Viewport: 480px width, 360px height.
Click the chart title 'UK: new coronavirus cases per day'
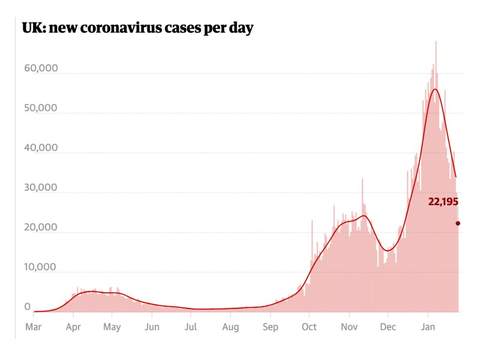137,28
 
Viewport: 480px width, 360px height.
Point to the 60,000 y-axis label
40,68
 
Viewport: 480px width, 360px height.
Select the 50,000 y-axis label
40,108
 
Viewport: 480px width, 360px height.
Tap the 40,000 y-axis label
40,148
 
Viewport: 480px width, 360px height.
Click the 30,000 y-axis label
40,187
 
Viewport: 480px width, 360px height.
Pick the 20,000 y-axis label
40,227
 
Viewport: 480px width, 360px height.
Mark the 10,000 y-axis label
40,267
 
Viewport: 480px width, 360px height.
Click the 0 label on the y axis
27,307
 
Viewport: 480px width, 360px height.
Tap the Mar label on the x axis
34,327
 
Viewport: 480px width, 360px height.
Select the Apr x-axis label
73,327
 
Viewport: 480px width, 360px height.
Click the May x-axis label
112,327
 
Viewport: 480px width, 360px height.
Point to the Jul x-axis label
191,327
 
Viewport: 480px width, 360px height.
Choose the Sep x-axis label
270,327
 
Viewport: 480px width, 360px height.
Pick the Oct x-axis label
309,327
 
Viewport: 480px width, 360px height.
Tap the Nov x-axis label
349,327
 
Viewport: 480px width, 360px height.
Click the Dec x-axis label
388,327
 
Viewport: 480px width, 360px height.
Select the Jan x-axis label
427,327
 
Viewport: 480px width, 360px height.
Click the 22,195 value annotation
443,202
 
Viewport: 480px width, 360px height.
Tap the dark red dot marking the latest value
458,223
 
